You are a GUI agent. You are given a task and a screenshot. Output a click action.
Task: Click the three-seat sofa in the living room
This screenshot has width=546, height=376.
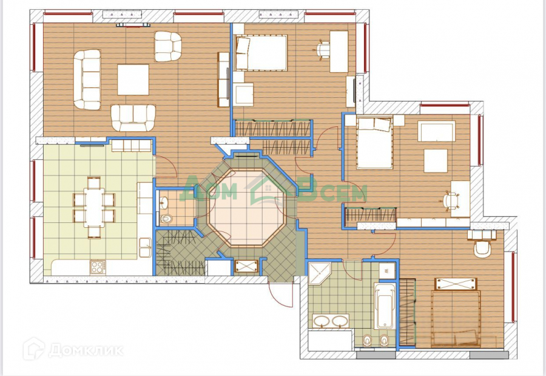pyautogui.click(x=87, y=79)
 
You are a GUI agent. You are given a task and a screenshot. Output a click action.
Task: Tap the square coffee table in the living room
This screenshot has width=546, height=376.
pyautogui.click(x=133, y=80)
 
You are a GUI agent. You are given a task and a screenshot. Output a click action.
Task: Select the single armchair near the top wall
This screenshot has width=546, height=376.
pyautogui.click(x=168, y=46)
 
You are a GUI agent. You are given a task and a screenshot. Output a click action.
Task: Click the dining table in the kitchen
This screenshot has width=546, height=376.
pyautogui.click(x=94, y=208)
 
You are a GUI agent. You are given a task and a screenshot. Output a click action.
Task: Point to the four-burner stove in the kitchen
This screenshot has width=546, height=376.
pyautogui.click(x=98, y=267)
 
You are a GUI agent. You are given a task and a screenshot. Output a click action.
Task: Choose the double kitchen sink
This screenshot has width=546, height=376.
pyautogui.click(x=144, y=247)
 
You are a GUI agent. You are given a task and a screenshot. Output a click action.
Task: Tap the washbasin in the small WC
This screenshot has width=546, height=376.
pyautogui.click(x=164, y=202)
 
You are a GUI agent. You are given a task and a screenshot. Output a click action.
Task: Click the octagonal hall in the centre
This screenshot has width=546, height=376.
pyautogui.click(x=246, y=208)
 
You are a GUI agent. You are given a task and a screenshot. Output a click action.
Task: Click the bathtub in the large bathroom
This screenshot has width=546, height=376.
pyautogui.click(x=385, y=306)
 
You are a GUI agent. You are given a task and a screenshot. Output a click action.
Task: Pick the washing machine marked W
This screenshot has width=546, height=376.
pyautogui.click(x=386, y=271)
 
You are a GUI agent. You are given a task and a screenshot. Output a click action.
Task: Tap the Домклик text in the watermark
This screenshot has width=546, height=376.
pyautogui.click(x=86, y=350)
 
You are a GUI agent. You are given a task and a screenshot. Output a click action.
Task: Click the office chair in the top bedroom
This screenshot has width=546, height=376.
pyautogui.click(x=323, y=49)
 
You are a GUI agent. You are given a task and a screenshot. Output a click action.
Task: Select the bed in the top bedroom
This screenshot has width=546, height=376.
pyautogui.click(x=261, y=53)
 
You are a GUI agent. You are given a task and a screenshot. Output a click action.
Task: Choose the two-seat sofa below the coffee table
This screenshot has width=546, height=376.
pyautogui.click(x=133, y=118)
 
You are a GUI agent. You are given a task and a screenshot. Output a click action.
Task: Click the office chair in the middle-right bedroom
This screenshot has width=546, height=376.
pyautogui.click(x=451, y=200)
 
